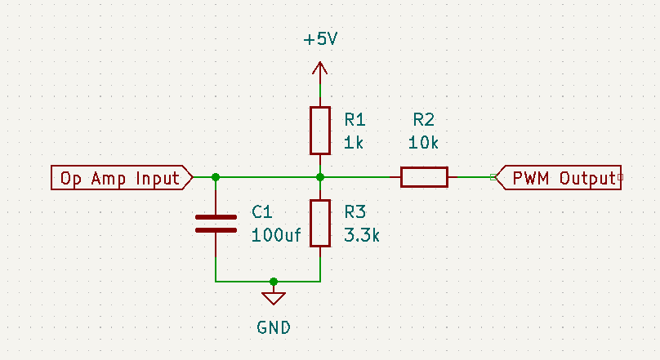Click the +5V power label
tap(320, 40)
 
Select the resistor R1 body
tap(320, 130)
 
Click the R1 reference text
tap(355, 119)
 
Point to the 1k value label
tap(354, 142)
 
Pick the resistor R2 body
tap(424, 177)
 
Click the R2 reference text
tap(424, 119)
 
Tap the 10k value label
tap(424, 142)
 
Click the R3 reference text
tap(355, 212)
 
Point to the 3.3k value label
tap(363, 236)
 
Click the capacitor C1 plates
tap(215, 224)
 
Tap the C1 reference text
tap(261, 212)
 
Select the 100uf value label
tap(276, 236)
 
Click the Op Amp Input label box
tap(121, 177)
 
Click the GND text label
tap(274, 328)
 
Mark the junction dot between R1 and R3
tap(320, 177)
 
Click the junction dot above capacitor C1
tap(215, 177)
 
